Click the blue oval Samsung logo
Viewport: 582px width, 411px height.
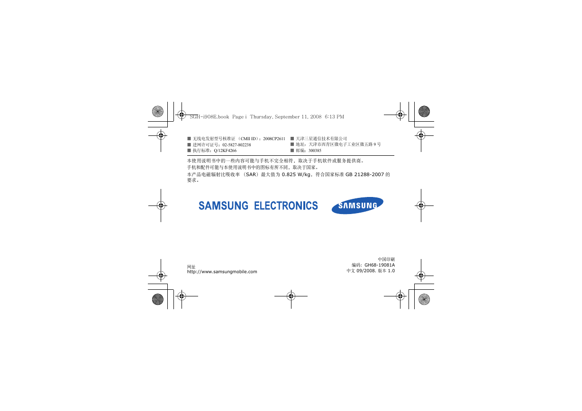click(357, 205)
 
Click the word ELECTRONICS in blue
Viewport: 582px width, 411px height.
click(286, 205)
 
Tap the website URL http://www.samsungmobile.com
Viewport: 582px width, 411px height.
click(222, 272)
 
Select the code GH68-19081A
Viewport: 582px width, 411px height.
click(380, 265)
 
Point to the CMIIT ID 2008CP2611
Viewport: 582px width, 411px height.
click(274, 139)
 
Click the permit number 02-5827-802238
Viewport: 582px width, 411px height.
click(236, 145)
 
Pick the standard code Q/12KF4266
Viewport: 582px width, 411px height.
click(225, 151)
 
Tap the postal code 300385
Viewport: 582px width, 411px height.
click(315, 151)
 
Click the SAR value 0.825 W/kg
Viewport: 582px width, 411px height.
click(296, 174)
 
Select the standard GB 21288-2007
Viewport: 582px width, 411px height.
click(364, 174)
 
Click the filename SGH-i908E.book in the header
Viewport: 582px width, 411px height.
click(209, 117)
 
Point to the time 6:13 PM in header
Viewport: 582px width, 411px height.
click(335, 117)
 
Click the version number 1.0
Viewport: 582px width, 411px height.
click(391, 271)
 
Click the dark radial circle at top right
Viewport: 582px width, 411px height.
click(424, 111)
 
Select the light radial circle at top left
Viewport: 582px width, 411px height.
click(158, 111)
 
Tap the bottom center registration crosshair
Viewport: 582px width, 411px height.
click(291, 296)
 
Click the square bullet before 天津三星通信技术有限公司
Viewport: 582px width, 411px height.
click(292, 139)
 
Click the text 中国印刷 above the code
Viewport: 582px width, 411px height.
click(386, 259)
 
